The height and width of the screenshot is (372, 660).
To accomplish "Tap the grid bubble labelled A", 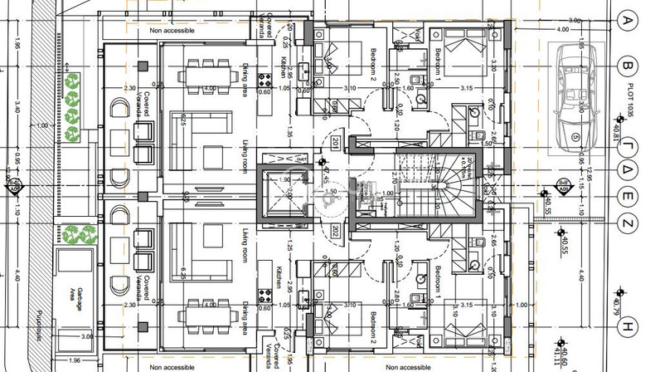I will click(x=628, y=21).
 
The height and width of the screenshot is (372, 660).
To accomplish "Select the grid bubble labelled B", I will click(x=628, y=65).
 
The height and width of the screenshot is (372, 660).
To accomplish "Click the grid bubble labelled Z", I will click(x=628, y=223).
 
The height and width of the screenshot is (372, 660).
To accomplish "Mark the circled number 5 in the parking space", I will click(x=575, y=137).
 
